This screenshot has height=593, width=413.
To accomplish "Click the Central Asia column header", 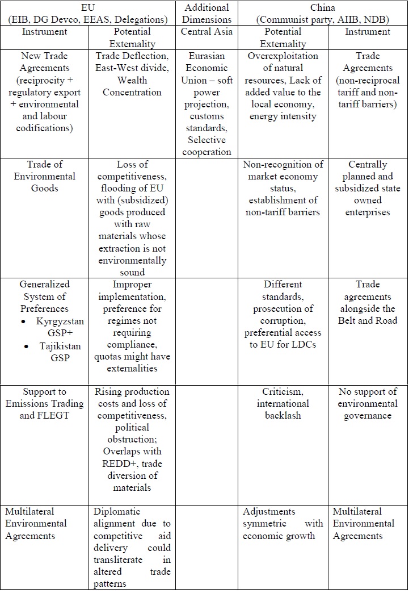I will [206, 31].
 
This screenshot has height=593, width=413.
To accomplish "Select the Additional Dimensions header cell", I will [206, 13].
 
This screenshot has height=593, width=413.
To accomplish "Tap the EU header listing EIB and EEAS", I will [88, 13].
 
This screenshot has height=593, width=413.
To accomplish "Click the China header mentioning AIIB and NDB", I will [322, 13].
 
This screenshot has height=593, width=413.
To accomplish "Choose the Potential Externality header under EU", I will [132, 37].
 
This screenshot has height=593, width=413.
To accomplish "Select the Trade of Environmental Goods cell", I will [45, 176].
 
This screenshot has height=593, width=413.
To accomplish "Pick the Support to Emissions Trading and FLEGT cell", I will [45, 403].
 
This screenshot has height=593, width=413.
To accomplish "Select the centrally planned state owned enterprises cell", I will [368, 188].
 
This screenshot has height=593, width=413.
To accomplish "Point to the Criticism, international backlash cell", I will [283, 403].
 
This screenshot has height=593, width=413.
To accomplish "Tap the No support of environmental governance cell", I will [368, 403].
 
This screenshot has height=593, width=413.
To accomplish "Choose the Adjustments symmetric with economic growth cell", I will [283, 524].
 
